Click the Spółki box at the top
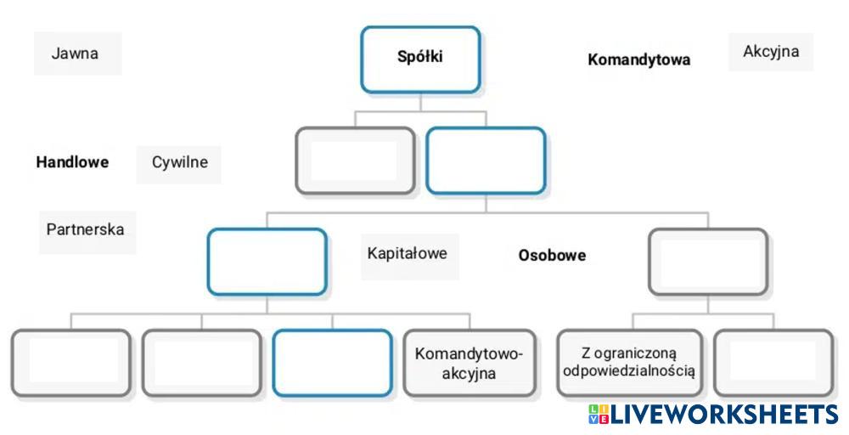[420, 59]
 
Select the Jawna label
[75, 54]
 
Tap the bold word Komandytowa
[638, 59]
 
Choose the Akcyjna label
[771, 52]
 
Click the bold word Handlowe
[72, 162]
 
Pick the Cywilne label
[179, 162]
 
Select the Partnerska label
[85, 229]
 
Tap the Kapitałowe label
[408, 253]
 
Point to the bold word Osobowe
[552, 255]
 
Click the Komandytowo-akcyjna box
[469, 364]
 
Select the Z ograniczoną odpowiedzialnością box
[629, 363]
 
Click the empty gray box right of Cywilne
[355, 161]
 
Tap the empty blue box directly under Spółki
[485, 161]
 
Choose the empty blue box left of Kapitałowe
[267, 262]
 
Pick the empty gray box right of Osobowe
[707, 262]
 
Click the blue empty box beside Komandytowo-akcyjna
[332, 363]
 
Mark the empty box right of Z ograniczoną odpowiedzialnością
[773, 363]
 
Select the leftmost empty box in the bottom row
[71, 363]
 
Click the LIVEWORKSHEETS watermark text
[724, 415]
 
